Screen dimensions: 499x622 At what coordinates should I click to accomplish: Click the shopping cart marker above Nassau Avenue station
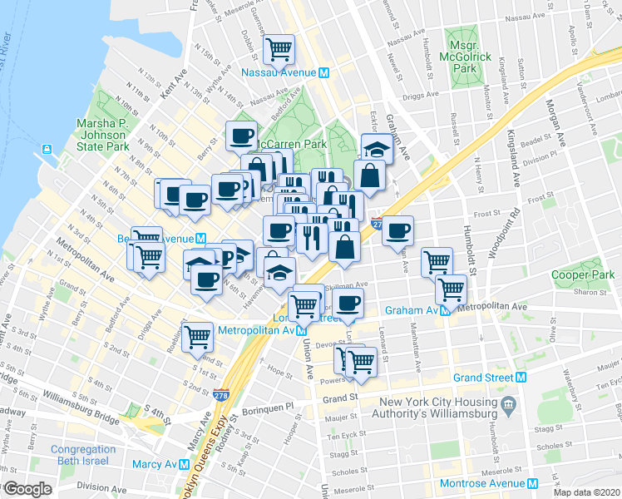tap(279, 48)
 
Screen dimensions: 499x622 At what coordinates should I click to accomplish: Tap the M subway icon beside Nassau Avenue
tap(323, 72)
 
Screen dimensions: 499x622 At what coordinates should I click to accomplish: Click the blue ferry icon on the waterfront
tap(47, 151)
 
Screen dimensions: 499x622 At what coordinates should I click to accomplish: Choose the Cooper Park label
tap(583, 275)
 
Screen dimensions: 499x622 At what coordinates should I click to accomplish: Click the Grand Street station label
tap(482, 377)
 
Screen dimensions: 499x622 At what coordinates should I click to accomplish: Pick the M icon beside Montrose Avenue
tap(532, 483)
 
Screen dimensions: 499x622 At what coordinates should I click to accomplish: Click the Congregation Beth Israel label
tap(83, 457)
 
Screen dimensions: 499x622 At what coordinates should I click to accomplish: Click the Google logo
tap(27, 489)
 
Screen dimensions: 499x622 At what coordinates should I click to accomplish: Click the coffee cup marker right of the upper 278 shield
tap(397, 230)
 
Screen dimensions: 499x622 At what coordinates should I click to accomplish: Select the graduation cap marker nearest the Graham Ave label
tap(375, 148)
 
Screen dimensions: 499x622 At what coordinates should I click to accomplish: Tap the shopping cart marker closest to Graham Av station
tap(451, 289)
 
